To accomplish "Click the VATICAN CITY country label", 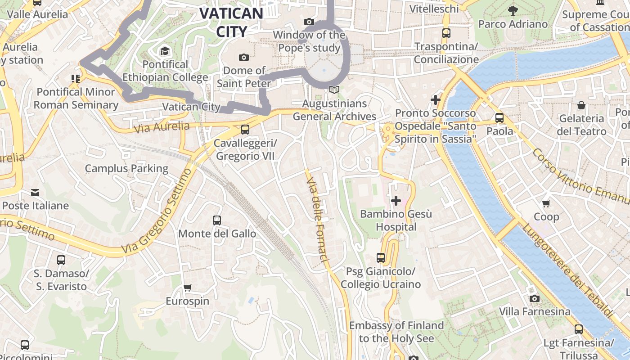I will pos(231,22).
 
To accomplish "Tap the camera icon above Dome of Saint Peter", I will pos(244,57).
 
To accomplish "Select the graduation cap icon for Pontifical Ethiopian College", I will pos(165,50).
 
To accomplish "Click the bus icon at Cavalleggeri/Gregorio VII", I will pos(245,130).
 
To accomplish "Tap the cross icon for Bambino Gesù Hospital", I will pos(396,200).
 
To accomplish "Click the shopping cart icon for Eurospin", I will pos(188,288).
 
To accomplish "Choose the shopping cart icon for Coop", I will pos(546,203).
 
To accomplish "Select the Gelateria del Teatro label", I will pos(581,125).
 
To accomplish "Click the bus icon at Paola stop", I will pos(499,118).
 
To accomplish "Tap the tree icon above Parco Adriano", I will pos(513,10).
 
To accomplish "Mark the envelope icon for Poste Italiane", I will pos(35,193).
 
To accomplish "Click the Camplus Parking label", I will pos(126,169).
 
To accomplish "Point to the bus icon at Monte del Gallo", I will pos(217,220).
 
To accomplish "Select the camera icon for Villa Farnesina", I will pos(535,298).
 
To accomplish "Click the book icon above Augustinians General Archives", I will pos(334,90).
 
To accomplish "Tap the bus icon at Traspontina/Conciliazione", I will pos(446,33).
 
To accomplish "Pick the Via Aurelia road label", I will pos(162,127).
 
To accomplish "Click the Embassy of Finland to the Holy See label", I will pos(396,332).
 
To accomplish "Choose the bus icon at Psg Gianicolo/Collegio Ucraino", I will pos(381,258).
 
